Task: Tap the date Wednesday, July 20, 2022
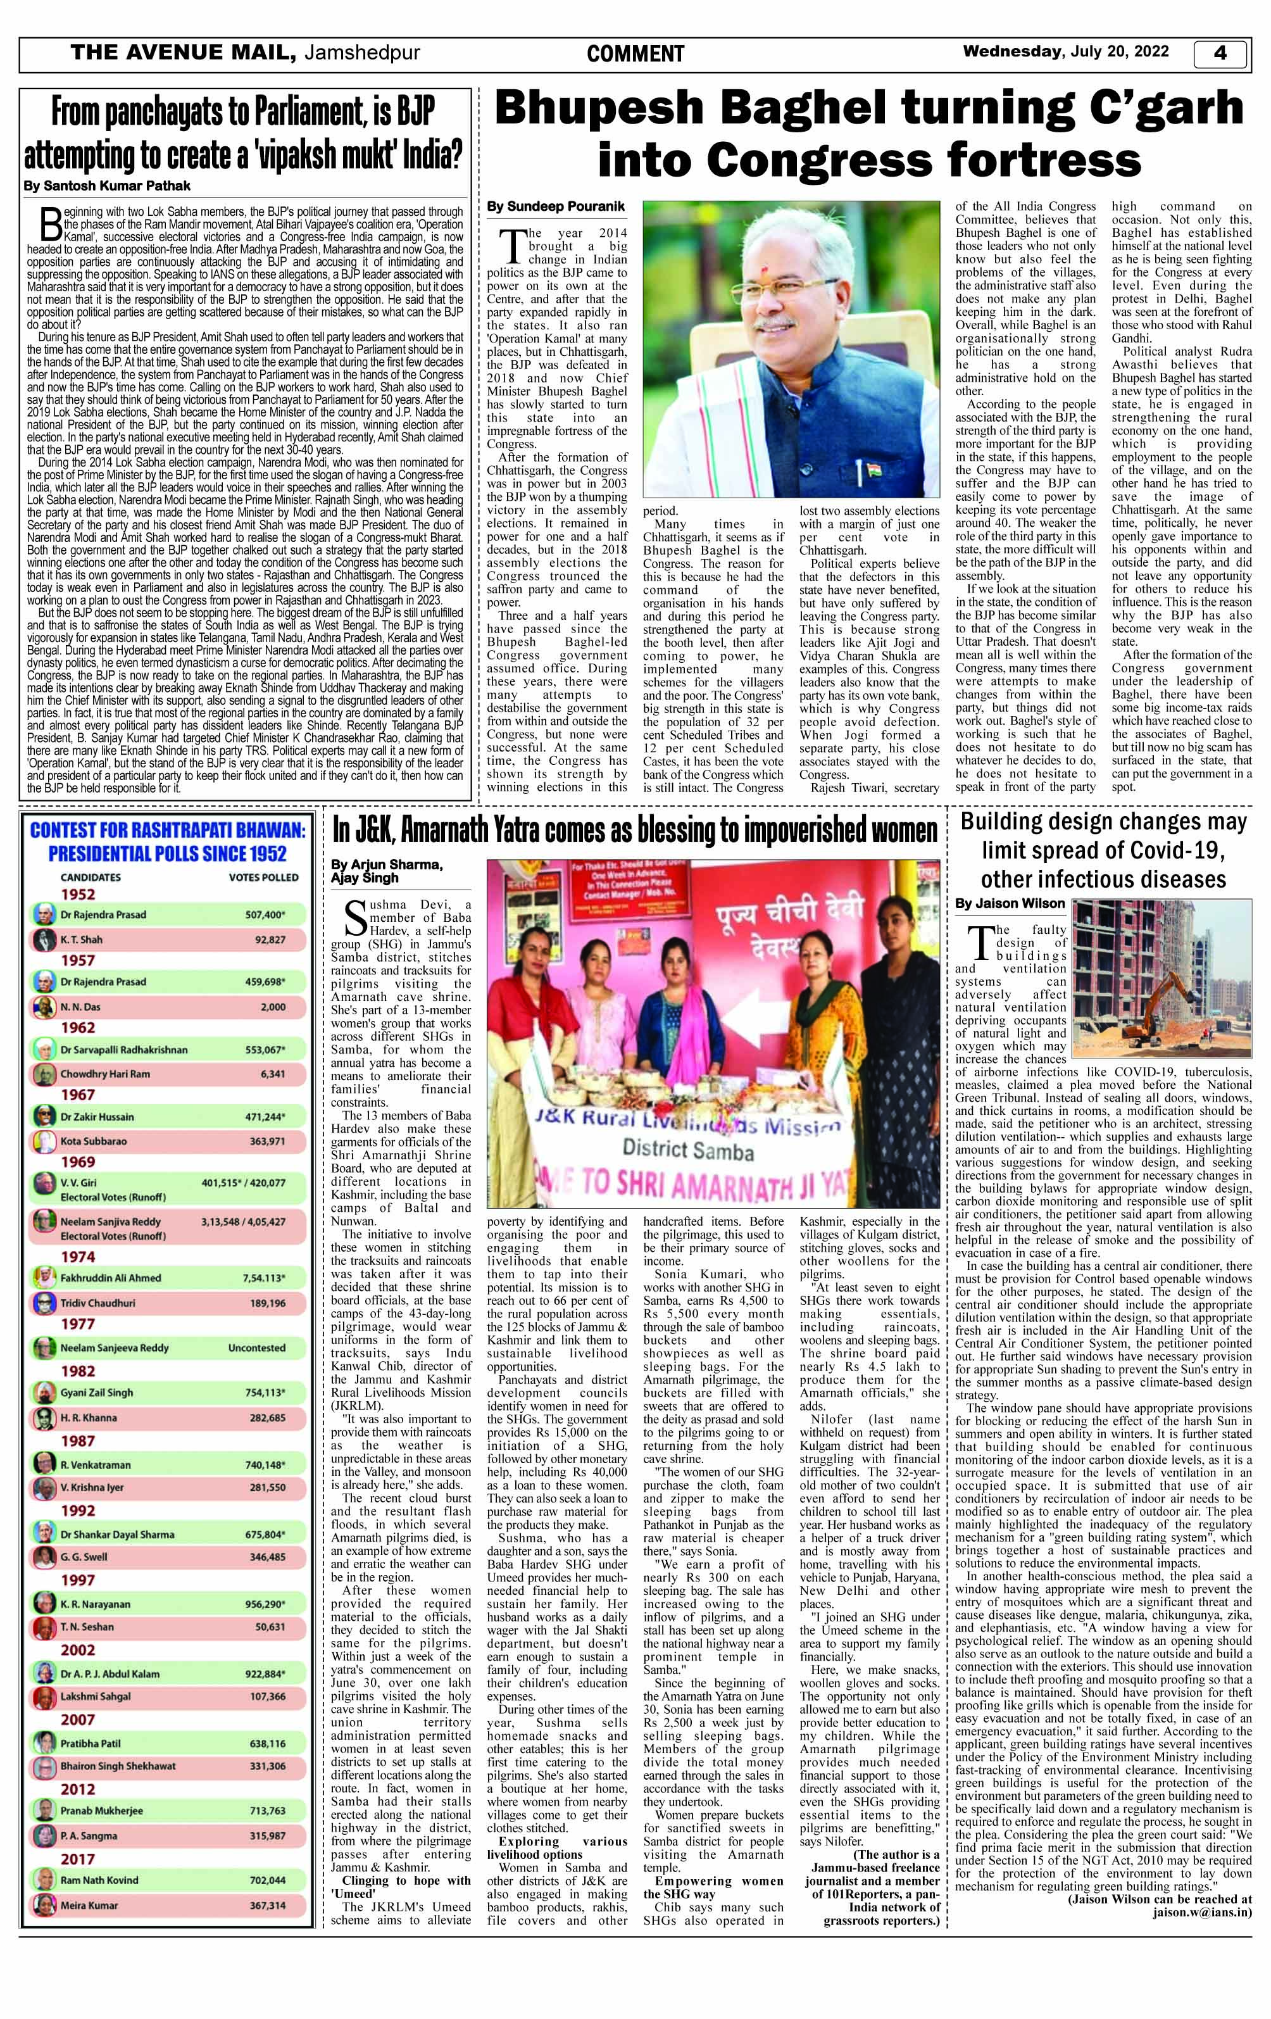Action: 1065,52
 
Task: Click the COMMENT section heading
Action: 635,54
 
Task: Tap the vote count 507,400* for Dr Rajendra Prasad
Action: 265,915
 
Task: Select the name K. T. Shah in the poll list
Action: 81,940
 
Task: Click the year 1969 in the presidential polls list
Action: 78,1162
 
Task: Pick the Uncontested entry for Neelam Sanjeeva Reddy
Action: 256,1349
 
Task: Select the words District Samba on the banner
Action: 687,1151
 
